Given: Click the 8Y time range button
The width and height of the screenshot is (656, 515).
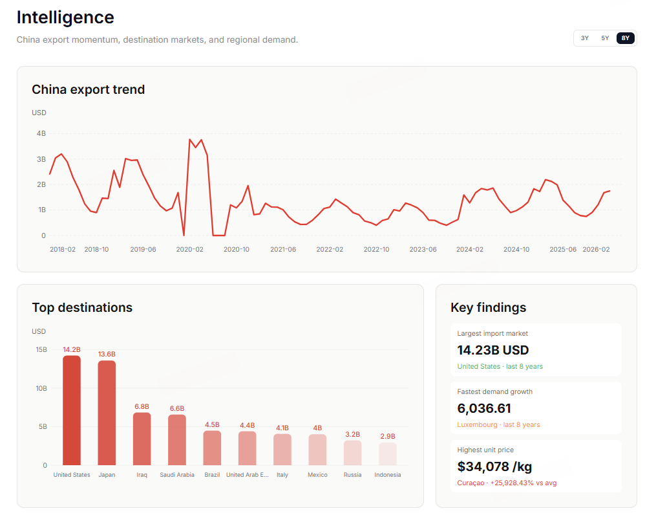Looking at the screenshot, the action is [626, 38].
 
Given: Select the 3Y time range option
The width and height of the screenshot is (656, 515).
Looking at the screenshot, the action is [585, 38].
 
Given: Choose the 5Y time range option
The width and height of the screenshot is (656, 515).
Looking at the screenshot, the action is [605, 38].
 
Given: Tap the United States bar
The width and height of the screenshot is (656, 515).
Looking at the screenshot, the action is [72, 410].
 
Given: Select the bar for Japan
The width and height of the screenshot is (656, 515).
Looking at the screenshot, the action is [107, 413].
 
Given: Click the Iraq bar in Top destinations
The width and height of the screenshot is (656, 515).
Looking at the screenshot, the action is [142, 439].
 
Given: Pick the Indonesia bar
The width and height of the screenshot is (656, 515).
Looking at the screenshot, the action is [388, 454].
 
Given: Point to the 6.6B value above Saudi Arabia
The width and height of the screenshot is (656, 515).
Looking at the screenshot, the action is [177, 408].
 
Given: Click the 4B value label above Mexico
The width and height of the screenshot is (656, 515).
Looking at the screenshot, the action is [317, 428].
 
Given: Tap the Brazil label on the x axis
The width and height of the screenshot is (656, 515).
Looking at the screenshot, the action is [212, 475].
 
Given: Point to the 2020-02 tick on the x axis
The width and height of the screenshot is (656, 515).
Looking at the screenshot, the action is [189, 250].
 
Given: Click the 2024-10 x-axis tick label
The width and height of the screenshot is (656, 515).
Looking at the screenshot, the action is [516, 250].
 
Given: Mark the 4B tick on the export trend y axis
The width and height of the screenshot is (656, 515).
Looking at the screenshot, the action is [41, 133].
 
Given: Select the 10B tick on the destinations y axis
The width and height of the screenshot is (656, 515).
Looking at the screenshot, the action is [41, 389].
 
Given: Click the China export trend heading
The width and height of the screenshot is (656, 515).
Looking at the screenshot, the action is [89, 89].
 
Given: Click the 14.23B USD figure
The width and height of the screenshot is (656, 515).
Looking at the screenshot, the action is [493, 350].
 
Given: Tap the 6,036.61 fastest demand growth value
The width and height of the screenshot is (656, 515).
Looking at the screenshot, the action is [484, 408].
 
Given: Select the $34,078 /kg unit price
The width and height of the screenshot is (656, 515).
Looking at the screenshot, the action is [494, 466].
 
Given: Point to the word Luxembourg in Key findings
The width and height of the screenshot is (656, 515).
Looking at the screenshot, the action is [477, 424].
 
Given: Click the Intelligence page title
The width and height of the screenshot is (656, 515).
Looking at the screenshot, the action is [65, 17].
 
